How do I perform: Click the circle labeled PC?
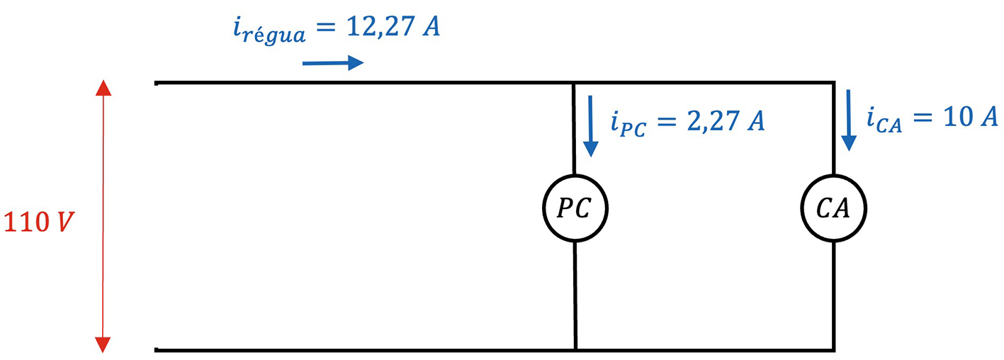tap(575, 208)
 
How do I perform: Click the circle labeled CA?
tap(833, 208)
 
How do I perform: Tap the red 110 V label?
tap(40, 223)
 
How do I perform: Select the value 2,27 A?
tap(722, 121)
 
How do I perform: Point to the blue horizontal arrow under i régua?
tap(332, 64)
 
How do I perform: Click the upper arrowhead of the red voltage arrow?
tap(103, 88)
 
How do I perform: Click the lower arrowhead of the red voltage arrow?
tap(103, 344)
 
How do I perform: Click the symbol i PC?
tap(628, 125)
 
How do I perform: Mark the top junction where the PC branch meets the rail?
tap(575, 83)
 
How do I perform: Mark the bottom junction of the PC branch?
tap(575, 349)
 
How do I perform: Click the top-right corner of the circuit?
tap(833, 83)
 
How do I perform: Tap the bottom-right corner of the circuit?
tap(833, 349)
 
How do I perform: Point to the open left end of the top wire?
tap(157, 83)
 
